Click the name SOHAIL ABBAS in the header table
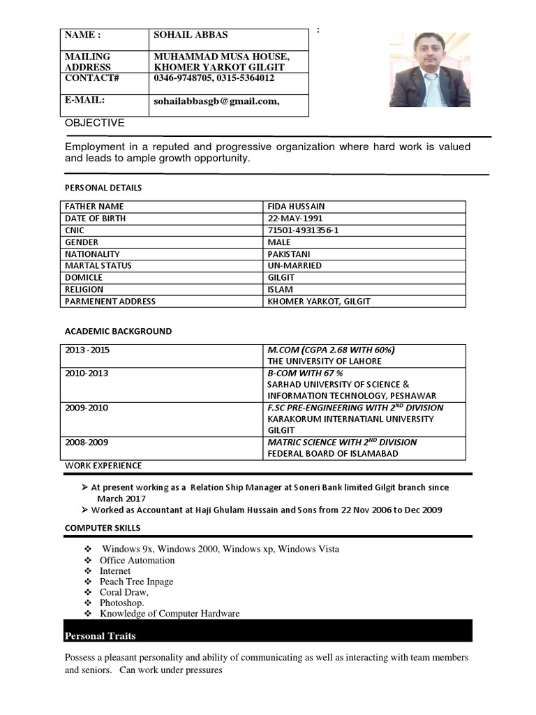tap(191, 35)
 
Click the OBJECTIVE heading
tap(95, 123)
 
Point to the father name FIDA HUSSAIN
tap(296, 207)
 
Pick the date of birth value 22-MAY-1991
tap(296, 219)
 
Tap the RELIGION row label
tap(84, 290)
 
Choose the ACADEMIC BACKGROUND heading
tap(118, 332)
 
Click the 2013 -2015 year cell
tap(87, 350)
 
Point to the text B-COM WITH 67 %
tap(304, 373)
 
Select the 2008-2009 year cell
tap(87, 443)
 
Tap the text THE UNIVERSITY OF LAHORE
tap(325, 362)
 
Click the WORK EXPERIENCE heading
tap(103, 466)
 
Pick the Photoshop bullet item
tap(121, 603)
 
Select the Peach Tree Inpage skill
tap(136, 582)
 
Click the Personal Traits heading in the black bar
tap(100, 636)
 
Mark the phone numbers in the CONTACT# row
tap(214, 78)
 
